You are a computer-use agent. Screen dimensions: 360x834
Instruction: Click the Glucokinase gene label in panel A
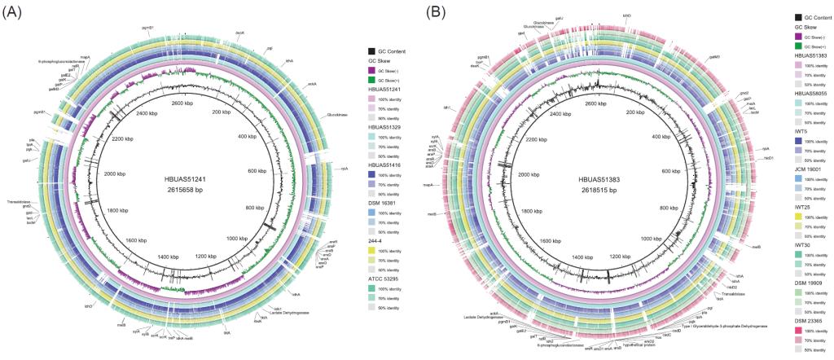point(339,114)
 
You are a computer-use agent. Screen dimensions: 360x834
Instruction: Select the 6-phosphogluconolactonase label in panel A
point(59,61)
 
